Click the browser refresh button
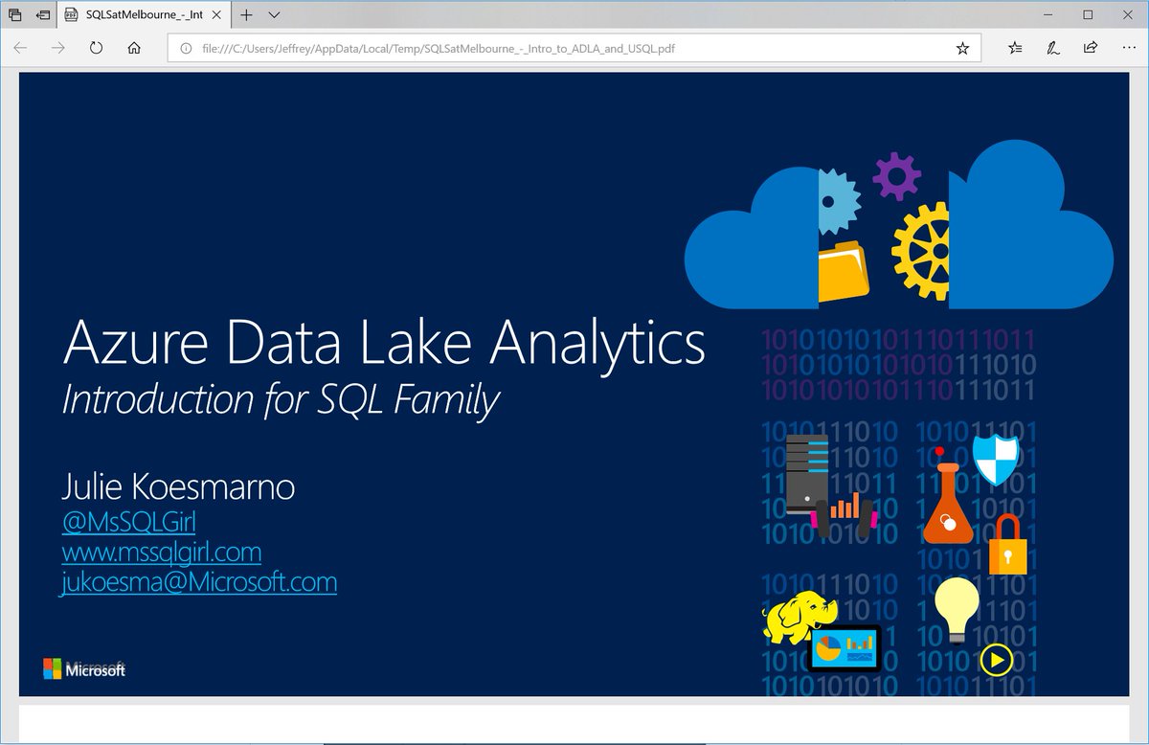click(96, 48)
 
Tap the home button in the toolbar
click(134, 48)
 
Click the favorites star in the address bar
click(962, 48)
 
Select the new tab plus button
click(247, 15)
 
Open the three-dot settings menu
click(1127, 48)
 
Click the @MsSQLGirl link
click(128, 522)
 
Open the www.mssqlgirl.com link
click(161, 552)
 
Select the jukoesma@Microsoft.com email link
click(199, 581)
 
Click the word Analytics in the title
click(597, 345)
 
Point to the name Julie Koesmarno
click(178, 487)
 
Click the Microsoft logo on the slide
click(84, 669)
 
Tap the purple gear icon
click(897, 176)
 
